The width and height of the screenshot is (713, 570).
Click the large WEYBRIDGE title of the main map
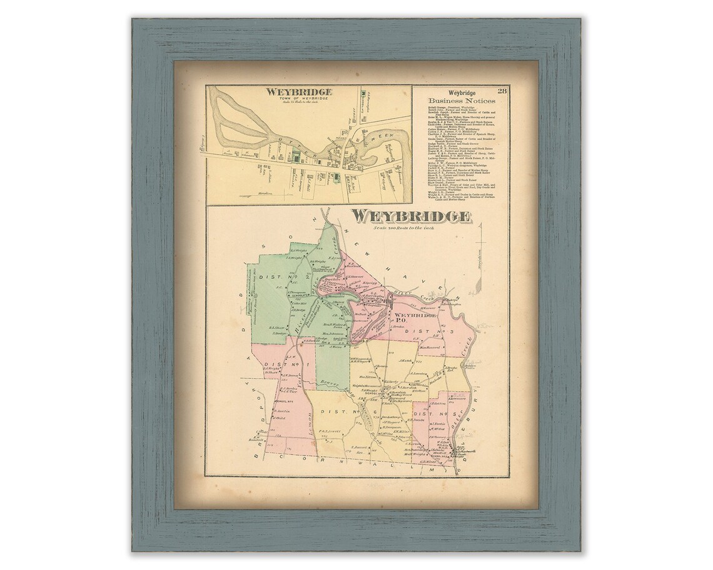[411, 216]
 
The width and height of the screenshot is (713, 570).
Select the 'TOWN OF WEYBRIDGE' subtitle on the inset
[298, 98]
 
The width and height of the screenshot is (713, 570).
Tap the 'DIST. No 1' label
[278, 364]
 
